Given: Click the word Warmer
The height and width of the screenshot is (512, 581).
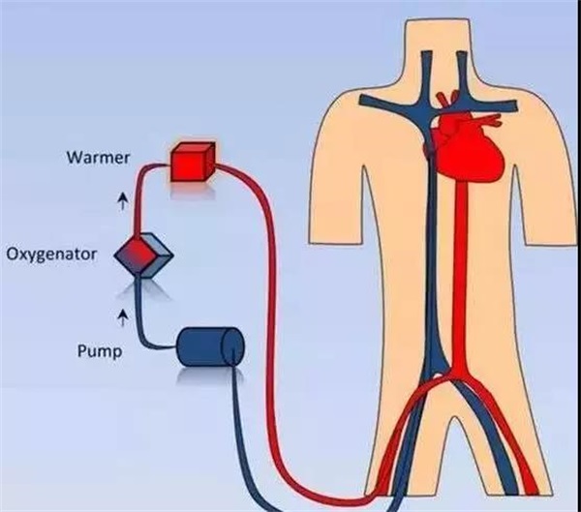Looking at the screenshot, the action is [98, 158].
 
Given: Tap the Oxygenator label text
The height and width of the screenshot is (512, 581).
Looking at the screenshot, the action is [51, 255].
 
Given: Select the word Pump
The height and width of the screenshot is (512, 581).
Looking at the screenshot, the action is [100, 350].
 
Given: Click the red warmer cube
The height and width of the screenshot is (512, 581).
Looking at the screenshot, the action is [193, 162].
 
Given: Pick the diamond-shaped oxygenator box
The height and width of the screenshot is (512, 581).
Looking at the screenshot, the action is [143, 256].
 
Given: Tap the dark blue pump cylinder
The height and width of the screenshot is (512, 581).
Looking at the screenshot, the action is [210, 347].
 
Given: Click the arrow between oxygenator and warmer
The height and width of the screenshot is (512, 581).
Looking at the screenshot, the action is [123, 200].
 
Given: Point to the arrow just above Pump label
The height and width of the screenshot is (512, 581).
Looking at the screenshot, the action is [123, 317].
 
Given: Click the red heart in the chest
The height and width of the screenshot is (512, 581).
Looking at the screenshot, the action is [470, 149].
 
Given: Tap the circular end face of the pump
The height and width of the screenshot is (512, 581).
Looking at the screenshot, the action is [233, 347].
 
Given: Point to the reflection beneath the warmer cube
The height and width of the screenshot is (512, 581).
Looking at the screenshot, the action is [193, 190].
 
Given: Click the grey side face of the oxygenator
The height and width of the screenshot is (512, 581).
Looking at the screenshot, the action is [158, 256].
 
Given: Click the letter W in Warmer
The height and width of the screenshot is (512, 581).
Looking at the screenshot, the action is [74, 158].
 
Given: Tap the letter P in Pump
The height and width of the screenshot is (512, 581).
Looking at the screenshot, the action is [81, 350].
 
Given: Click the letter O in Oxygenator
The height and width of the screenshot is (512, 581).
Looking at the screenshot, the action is [14, 255].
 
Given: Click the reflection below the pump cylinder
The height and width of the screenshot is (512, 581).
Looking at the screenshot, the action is [210, 376].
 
